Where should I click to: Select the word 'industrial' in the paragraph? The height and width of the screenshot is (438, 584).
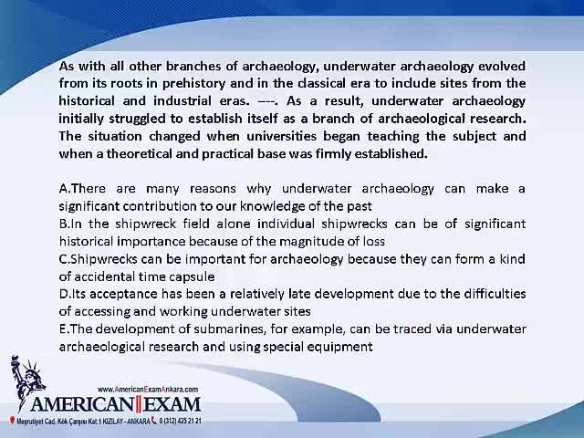(x=182, y=101)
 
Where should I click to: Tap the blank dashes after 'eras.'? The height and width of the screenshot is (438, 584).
(x=267, y=101)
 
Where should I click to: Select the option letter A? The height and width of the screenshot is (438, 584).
(x=63, y=189)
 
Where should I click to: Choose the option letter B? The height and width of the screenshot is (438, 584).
(x=63, y=224)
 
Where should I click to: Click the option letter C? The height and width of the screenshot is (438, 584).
(x=63, y=259)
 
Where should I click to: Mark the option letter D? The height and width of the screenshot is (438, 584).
(x=64, y=294)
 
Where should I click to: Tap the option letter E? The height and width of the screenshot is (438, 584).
(x=63, y=329)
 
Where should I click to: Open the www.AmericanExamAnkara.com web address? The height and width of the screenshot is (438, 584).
(x=148, y=390)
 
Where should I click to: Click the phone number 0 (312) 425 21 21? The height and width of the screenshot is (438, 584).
(x=181, y=421)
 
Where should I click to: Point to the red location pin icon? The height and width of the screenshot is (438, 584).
(x=12, y=421)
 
